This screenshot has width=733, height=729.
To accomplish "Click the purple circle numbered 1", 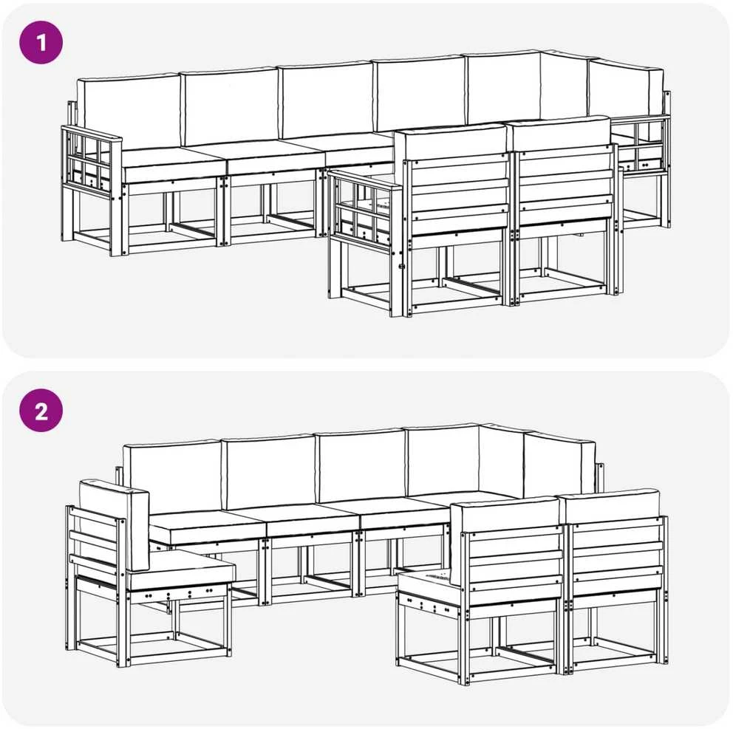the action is click(41, 43).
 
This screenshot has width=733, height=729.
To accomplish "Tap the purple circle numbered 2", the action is click(41, 411).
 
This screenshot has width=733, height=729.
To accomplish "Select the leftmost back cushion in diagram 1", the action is click(129, 112).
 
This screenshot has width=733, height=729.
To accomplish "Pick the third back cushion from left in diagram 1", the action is click(327, 100).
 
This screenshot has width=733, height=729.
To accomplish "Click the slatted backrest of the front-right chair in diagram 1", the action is click(566, 188).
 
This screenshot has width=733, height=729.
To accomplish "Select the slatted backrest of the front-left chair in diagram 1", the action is click(457, 197).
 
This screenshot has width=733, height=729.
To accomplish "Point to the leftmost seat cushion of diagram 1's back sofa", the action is click(175, 163).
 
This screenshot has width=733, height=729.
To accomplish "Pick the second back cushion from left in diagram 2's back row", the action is click(269, 472).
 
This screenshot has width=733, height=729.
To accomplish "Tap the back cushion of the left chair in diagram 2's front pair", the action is click(507, 516).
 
